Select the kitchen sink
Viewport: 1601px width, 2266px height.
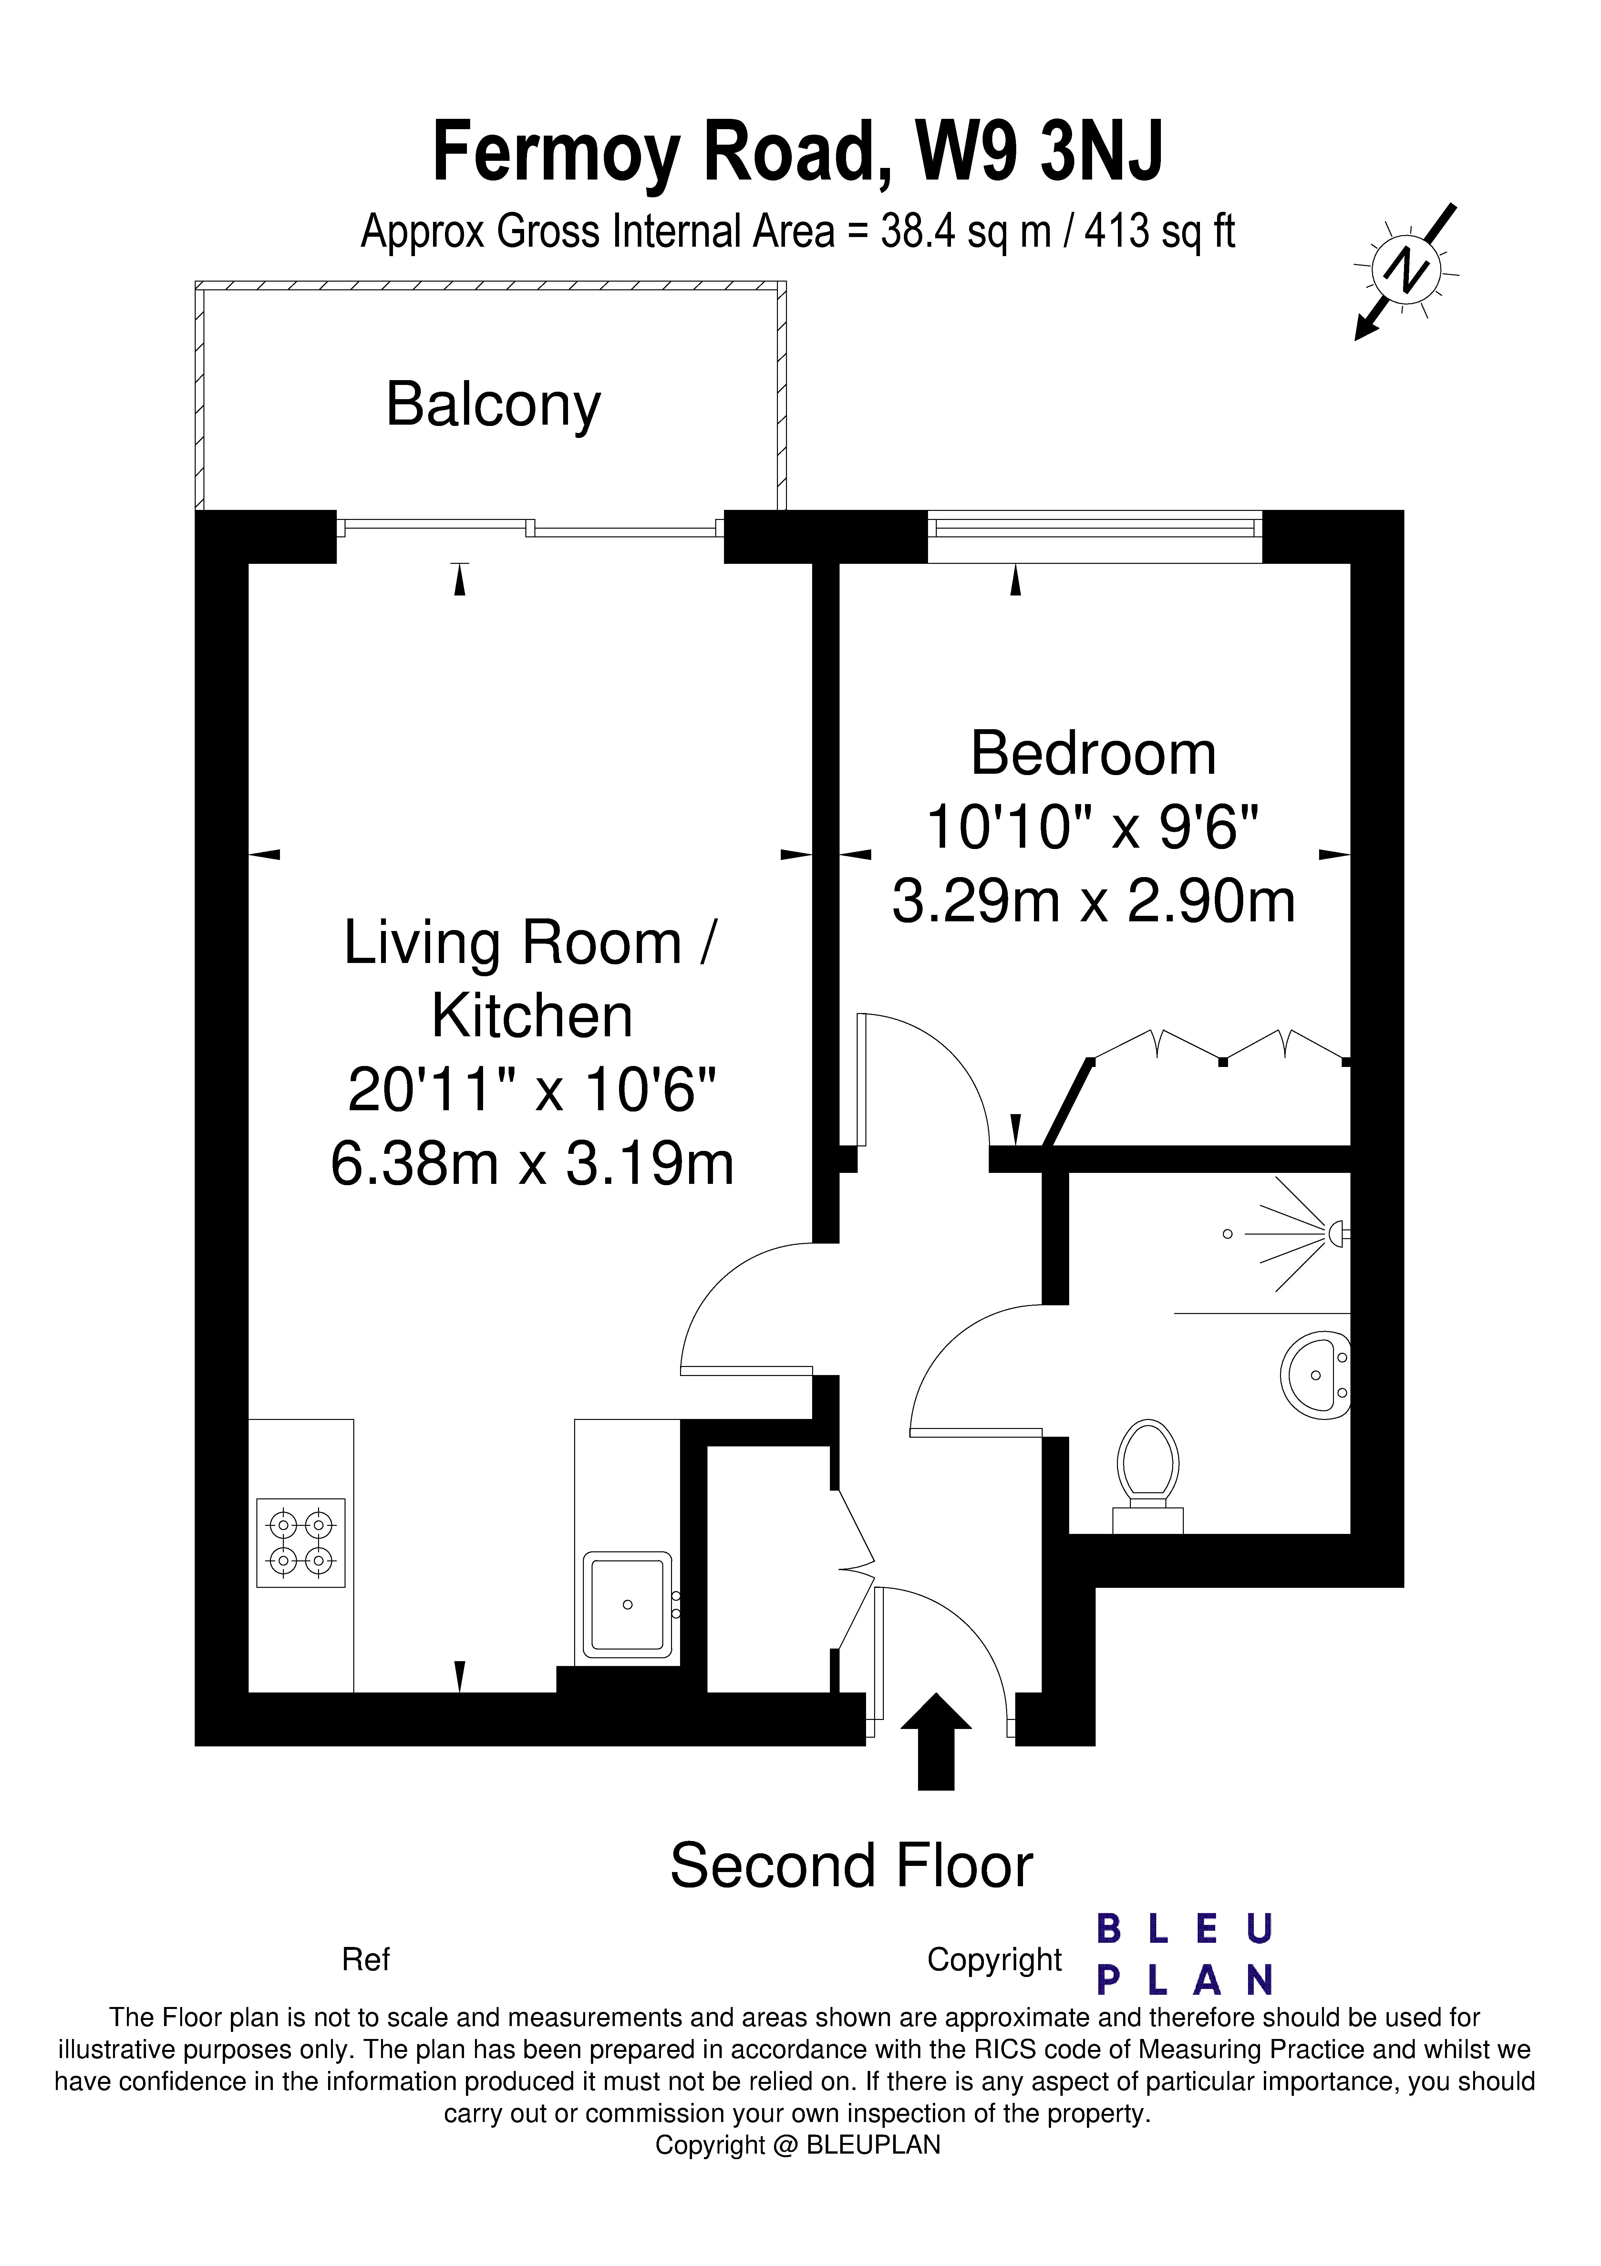pyautogui.click(x=627, y=1604)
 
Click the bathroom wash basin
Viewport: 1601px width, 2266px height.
pyautogui.click(x=1315, y=1375)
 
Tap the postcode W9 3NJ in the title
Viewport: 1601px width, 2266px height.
pyautogui.click(x=1039, y=151)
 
